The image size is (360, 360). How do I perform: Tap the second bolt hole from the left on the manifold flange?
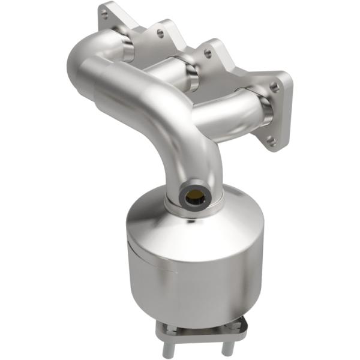point(161,35)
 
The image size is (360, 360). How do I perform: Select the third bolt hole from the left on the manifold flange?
point(208,54)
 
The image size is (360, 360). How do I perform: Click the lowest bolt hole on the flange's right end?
point(271,142)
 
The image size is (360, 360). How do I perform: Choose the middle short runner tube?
point(174,78)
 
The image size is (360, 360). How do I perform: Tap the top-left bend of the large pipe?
point(84,60)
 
